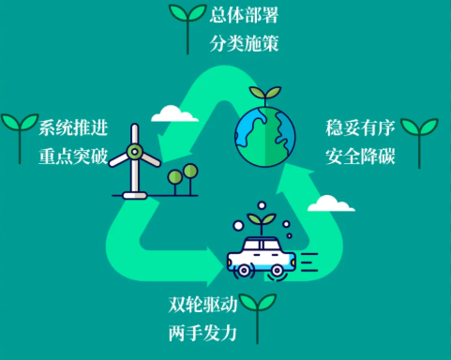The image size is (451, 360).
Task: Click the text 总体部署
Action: [244, 15]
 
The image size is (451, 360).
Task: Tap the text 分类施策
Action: [244, 43]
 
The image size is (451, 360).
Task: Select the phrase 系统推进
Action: [73, 127]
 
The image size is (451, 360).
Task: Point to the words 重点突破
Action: [73, 156]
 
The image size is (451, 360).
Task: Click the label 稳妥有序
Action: [360, 127]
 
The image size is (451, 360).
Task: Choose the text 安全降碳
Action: [360, 156]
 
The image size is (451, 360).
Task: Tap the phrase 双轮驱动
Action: [203, 305]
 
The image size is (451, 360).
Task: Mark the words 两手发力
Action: [203, 333]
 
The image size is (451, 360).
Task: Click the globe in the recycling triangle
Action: [265, 137]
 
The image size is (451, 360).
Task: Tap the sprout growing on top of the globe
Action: [265, 95]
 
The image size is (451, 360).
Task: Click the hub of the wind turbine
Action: [135, 152]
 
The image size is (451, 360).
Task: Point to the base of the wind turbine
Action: [135, 196]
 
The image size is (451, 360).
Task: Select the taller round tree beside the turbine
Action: [190, 179]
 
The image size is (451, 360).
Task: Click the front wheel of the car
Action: [244, 271]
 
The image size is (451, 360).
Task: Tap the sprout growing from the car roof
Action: [262, 222]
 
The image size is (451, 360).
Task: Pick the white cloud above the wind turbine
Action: [174, 113]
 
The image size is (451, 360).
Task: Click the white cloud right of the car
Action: [331, 203]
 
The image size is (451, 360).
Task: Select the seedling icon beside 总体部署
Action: [188, 28]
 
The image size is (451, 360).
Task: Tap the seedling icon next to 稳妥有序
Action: [419, 142]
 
